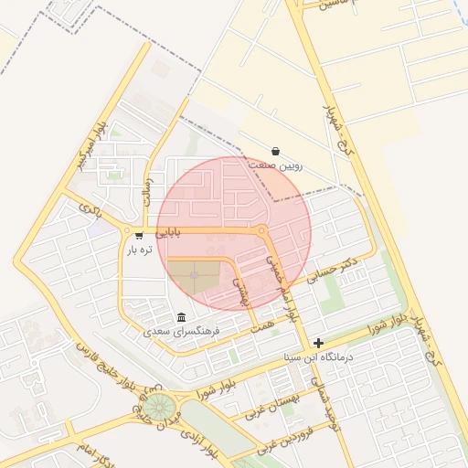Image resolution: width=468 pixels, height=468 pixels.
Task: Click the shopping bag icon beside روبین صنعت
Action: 276,152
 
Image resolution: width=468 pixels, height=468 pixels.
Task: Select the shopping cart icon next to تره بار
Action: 139,235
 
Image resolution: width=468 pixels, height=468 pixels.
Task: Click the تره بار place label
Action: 137,249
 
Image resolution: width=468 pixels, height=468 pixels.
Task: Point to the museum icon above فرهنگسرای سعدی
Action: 181,317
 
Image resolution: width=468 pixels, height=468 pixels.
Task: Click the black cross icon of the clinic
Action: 318,343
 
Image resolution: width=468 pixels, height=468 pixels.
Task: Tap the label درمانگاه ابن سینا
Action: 319,356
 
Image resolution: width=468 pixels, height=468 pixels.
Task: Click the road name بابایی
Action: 168,233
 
